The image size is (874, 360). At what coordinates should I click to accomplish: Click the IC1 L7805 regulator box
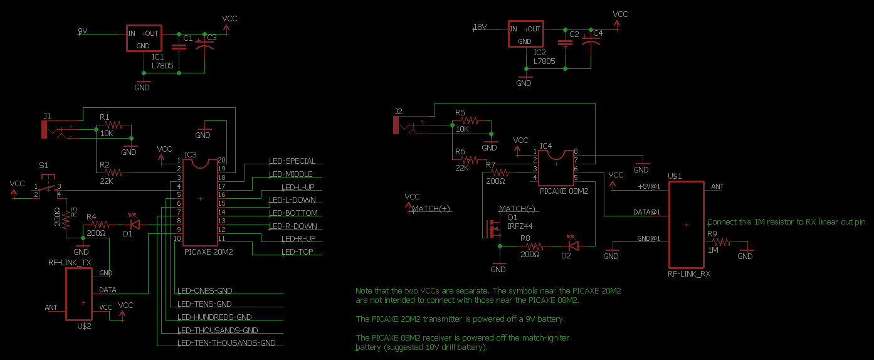[143, 39]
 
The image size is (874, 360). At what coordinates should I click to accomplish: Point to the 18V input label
[480, 27]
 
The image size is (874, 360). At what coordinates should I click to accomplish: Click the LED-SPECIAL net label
[292, 161]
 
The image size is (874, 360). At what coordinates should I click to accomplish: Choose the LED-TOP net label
[297, 252]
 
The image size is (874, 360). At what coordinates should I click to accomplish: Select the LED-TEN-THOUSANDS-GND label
[226, 343]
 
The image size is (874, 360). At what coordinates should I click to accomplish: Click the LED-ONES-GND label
[205, 291]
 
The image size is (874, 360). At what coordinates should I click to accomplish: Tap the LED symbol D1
[134, 223]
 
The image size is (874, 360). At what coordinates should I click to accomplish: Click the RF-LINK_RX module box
[686, 225]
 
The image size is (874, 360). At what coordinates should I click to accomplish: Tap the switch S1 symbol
[46, 186]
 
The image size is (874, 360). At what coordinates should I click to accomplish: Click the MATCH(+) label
[431, 209]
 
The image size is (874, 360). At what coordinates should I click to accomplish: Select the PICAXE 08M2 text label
[564, 191]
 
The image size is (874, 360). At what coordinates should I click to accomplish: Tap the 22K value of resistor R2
[107, 181]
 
